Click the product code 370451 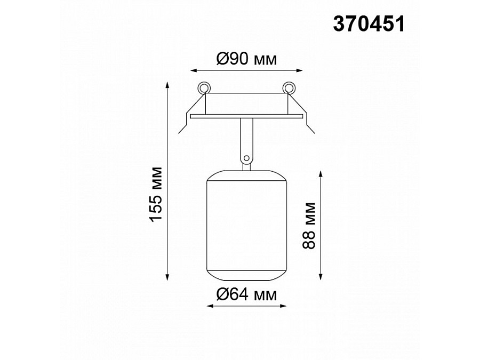tap(369, 24)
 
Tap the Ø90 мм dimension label tap(246, 59)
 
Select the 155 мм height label tap(156, 194)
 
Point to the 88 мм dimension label tap(308, 225)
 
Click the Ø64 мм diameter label tap(246, 294)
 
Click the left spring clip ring tap(204, 87)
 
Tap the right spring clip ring tap(289, 87)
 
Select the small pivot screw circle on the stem tap(246, 158)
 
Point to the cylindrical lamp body tap(246, 225)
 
